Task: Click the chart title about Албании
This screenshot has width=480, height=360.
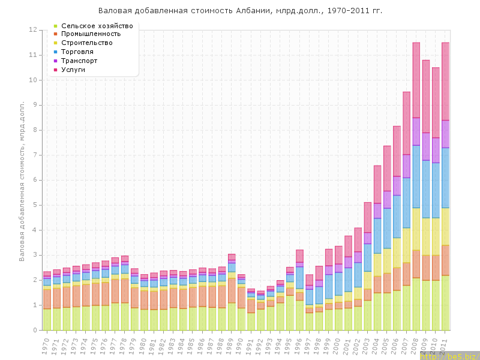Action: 240,11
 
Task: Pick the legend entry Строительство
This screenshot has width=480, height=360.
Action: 87,43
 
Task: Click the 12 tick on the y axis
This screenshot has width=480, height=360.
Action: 34,29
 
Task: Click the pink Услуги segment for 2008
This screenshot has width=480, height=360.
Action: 416,80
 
